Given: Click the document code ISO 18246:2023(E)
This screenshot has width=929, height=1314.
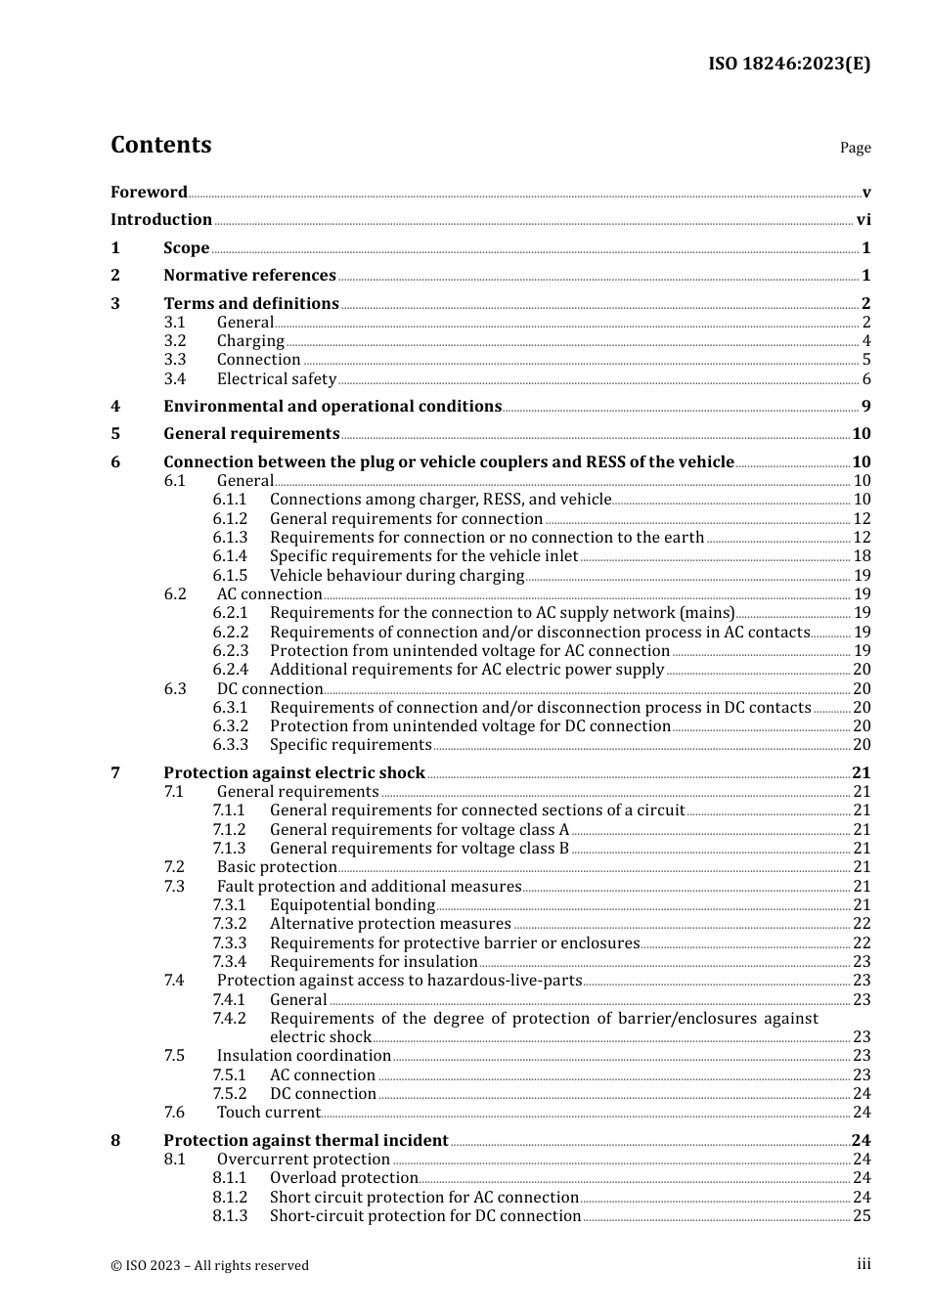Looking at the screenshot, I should pyautogui.click(x=788, y=64).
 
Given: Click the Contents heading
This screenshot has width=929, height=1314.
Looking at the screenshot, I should pyautogui.click(x=160, y=145).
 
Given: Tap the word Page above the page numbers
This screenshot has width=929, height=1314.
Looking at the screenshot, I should pyautogui.click(x=855, y=148).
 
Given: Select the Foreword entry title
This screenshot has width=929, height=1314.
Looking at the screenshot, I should pyautogui.click(x=149, y=192).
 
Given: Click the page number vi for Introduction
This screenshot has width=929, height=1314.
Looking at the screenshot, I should pyautogui.click(x=863, y=220).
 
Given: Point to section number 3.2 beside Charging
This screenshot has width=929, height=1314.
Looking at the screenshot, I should pyautogui.click(x=175, y=341).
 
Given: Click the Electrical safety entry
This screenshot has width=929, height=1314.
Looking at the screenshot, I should pyautogui.click(x=276, y=379).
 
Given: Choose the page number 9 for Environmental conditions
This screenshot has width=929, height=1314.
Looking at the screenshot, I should pyautogui.click(x=865, y=407).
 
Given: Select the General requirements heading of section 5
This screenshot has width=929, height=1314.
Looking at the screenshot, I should pyautogui.click(x=251, y=434).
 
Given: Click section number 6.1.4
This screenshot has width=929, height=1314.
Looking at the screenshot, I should pyautogui.click(x=230, y=556).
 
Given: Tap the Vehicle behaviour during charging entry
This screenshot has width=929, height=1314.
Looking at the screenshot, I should pyautogui.click(x=396, y=576).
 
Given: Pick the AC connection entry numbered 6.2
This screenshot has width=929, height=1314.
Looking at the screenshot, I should pyautogui.click(x=269, y=594).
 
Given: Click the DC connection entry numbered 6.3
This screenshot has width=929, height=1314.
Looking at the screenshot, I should pyautogui.click(x=269, y=689).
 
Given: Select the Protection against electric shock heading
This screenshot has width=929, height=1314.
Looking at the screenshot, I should pyautogui.click(x=293, y=773).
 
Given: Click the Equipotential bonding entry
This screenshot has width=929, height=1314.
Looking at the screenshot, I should pyautogui.click(x=352, y=905).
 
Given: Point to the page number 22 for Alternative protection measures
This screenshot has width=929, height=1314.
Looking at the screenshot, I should pyautogui.click(x=862, y=924).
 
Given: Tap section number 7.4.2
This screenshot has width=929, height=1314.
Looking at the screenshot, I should pyautogui.click(x=230, y=1019).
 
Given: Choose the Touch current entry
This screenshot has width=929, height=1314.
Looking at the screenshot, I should pyautogui.click(x=268, y=1113).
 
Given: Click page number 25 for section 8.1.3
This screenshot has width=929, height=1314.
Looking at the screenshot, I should pyautogui.click(x=862, y=1216).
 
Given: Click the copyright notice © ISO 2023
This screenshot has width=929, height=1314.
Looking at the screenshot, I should pyautogui.click(x=209, y=1266).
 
